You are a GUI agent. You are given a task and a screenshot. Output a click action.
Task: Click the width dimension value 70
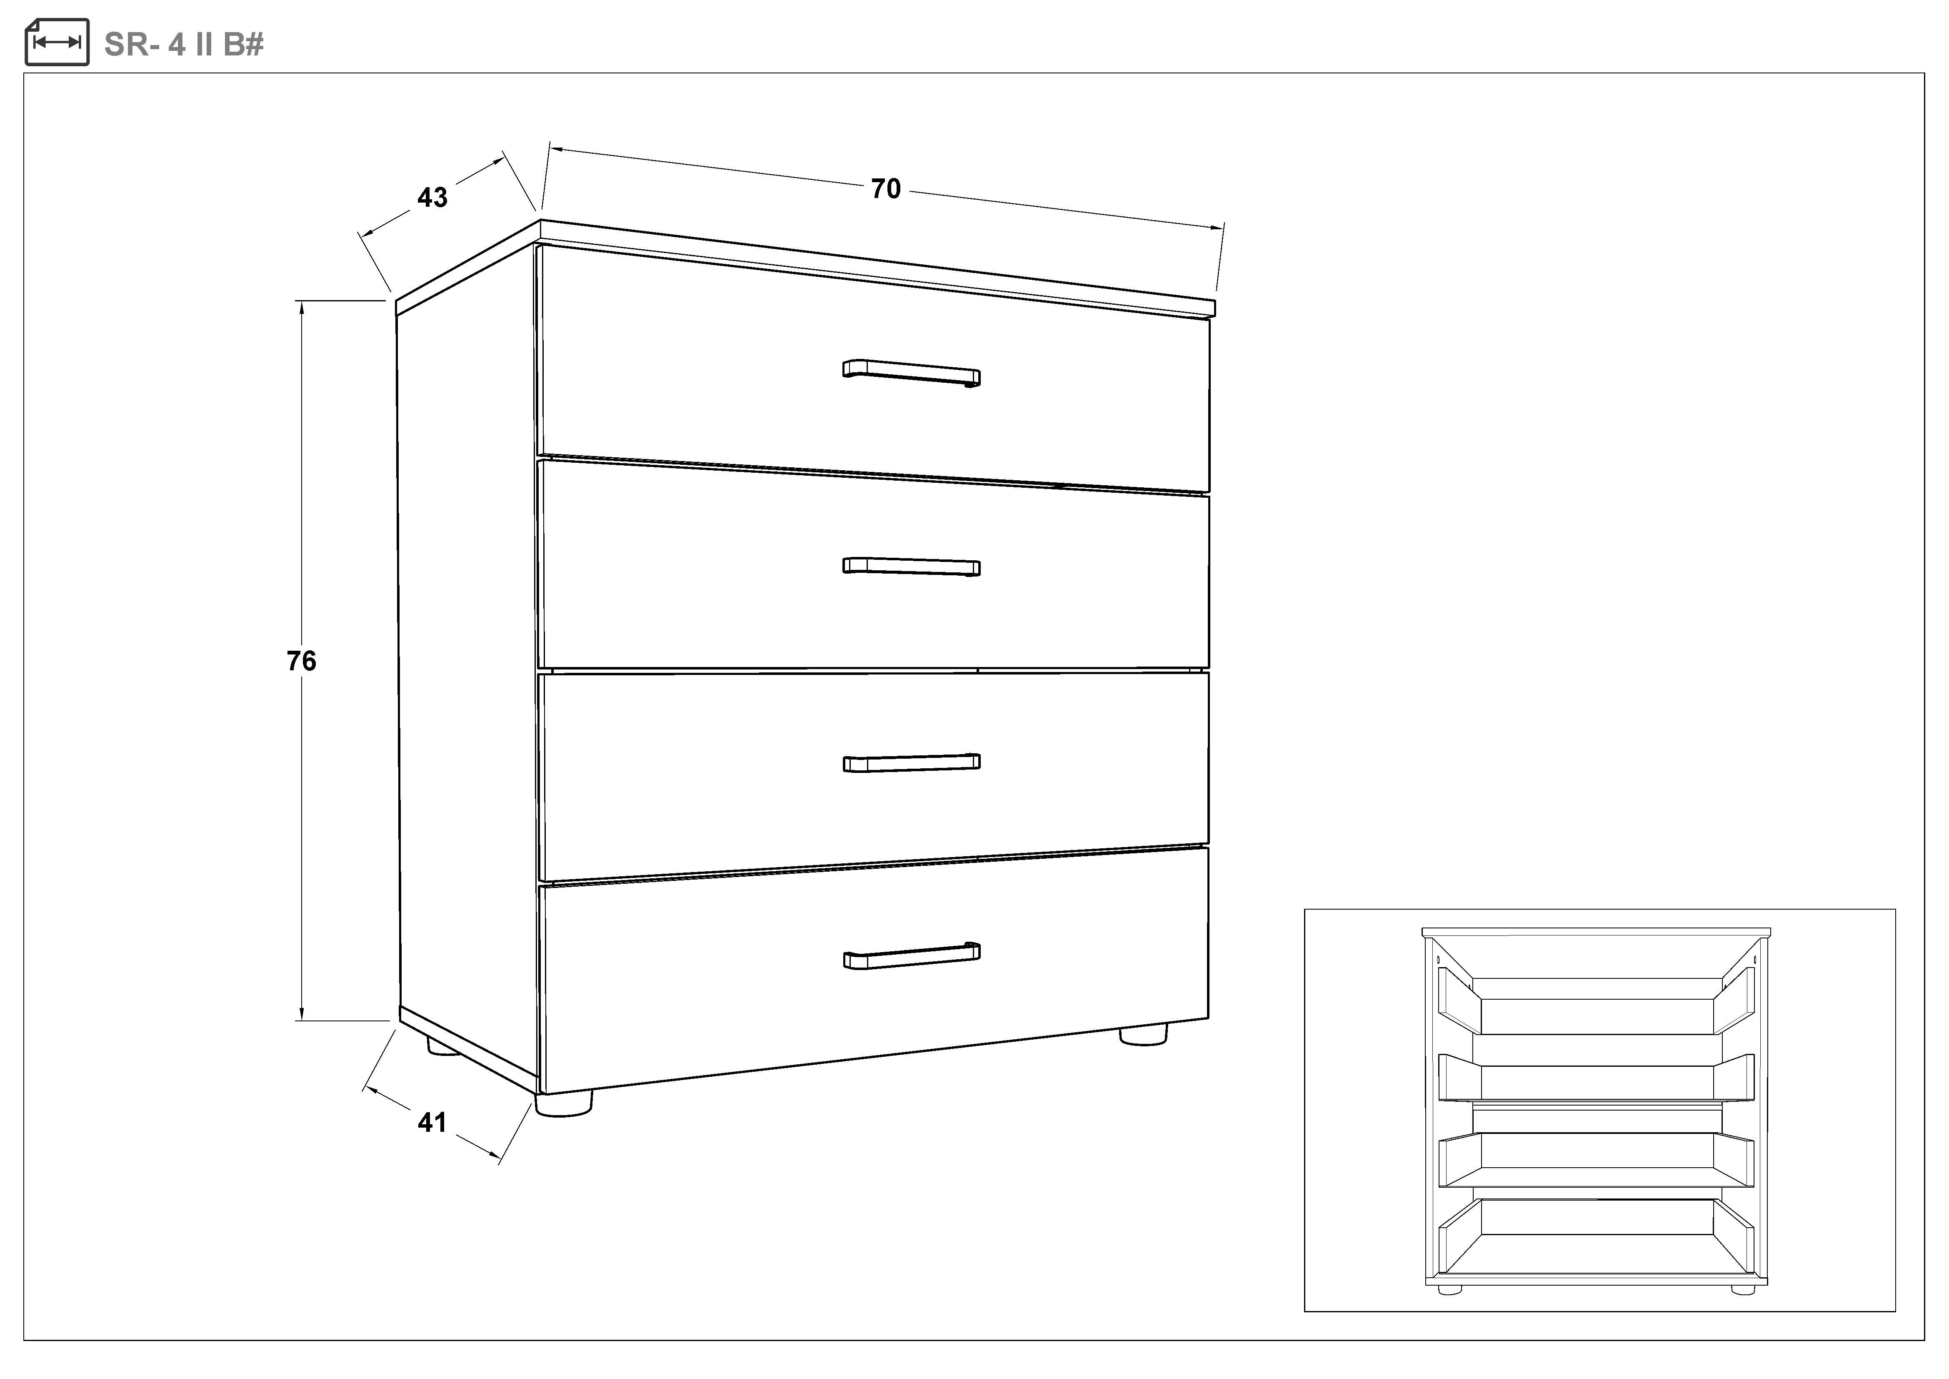(x=885, y=188)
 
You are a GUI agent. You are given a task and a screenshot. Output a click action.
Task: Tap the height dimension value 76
(x=301, y=661)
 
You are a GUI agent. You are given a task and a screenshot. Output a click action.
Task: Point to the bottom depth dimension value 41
(x=432, y=1123)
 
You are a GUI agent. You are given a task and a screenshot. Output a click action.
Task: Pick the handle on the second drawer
(x=911, y=567)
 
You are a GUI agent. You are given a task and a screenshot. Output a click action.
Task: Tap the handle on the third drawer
(x=911, y=762)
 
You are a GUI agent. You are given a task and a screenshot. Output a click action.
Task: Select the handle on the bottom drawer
(x=911, y=955)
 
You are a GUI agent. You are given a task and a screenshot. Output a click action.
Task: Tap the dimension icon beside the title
(x=57, y=42)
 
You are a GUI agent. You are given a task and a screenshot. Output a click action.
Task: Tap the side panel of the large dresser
(x=467, y=654)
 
